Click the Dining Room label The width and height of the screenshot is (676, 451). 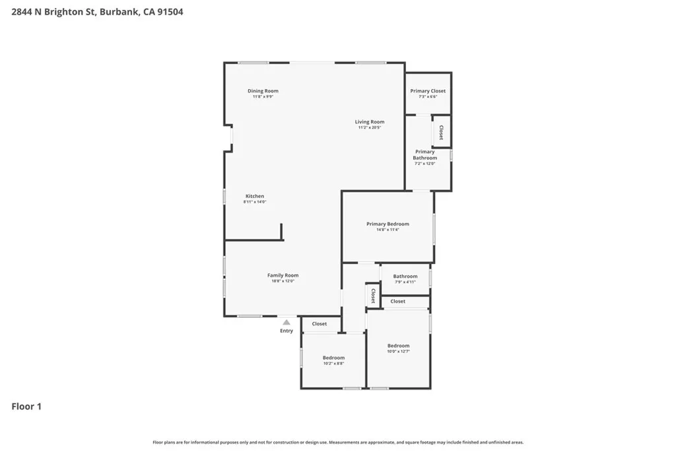pos(263,91)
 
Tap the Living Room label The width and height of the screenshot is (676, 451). pos(369,122)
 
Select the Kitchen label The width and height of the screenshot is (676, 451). pos(255,196)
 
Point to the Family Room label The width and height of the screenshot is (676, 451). pos(283,275)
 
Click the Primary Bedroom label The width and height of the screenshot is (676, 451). pos(388,224)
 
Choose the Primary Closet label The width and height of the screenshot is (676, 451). pos(428,91)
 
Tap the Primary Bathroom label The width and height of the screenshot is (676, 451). pos(425,155)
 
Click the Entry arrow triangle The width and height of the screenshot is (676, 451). pos(287,322)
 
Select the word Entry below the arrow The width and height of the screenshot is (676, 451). pos(287,331)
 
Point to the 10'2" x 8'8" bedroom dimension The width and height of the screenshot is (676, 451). pos(333,364)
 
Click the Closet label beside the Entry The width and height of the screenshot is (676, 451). pos(320,324)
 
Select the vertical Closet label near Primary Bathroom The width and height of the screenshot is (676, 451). pos(441,132)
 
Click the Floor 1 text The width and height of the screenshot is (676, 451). pos(26,407)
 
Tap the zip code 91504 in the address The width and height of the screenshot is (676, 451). pos(170,11)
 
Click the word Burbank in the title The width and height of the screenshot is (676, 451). pos(119,11)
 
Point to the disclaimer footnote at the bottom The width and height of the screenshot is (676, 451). pos(338,442)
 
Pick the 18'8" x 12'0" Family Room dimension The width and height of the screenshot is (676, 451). pos(283,281)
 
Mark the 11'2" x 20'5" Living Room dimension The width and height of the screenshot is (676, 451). pos(369,127)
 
